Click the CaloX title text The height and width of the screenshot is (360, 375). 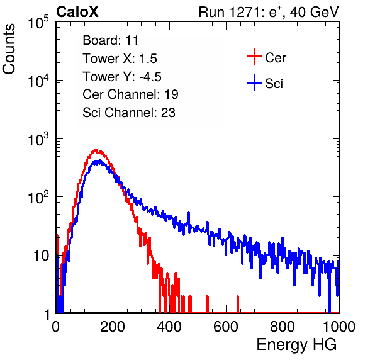tap(77, 12)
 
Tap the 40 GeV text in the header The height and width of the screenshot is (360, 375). tap(314, 12)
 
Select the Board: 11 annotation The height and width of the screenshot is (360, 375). tap(111, 40)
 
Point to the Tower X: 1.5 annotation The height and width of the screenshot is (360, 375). tap(120, 59)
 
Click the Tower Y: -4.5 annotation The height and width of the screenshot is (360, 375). tap(122, 77)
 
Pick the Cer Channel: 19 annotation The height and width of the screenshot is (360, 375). tap(130, 94)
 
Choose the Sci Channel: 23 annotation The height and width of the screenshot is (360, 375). tap(129, 113)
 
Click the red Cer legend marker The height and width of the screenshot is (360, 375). tap(254, 57)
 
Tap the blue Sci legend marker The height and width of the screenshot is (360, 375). tap(254, 83)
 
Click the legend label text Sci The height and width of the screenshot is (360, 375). tap(274, 84)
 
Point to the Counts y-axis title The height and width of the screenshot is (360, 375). tap(9, 49)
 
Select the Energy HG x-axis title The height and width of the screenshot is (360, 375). tap(296, 344)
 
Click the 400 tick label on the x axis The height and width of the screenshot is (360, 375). tap(169, 327)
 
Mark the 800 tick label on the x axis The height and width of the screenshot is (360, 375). tap(283, 327)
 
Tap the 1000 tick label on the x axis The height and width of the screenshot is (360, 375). tap(339, 327)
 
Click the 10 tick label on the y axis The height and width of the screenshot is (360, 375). tap(41, 256)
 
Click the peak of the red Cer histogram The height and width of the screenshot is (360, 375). tap(96, 150)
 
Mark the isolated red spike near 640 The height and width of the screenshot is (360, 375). tap(238, 304)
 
